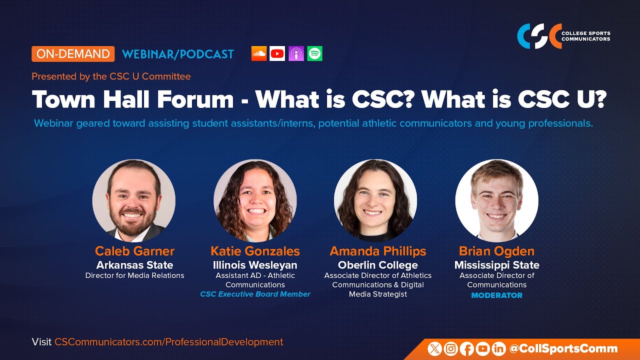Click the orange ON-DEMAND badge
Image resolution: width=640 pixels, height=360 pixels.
pos(73,54)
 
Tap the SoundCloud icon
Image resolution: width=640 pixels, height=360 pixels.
pos(259,53)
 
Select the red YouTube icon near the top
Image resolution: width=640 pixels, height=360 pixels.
pos(277,53)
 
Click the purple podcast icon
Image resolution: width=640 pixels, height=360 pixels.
pos(296,53)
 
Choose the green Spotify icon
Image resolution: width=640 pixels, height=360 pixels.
pos(315,53)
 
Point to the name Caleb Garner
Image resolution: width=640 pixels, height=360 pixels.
pos(134,251)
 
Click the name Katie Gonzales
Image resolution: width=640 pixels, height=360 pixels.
pos(255,251)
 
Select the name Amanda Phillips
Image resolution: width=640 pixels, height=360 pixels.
pos(377,251)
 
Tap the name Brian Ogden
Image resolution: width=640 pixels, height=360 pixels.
pos(496,251)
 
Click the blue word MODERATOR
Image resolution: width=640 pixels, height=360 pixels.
pos(496,295)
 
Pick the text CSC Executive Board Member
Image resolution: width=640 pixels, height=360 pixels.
pos(255,294)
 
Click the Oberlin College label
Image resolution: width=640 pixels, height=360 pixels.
pos(377,265)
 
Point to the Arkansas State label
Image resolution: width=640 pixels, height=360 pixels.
pos(134,265)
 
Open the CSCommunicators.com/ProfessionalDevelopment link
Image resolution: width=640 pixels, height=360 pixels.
pos(168,342)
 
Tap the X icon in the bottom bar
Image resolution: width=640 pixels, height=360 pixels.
pos(435,349)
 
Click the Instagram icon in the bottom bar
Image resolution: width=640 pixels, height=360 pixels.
pos(451,349)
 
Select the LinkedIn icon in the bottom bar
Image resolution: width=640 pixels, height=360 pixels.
pos(498,349)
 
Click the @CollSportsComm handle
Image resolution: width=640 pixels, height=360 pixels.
pos(562,349)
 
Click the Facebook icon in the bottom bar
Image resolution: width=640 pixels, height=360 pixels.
pos(467,349)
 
